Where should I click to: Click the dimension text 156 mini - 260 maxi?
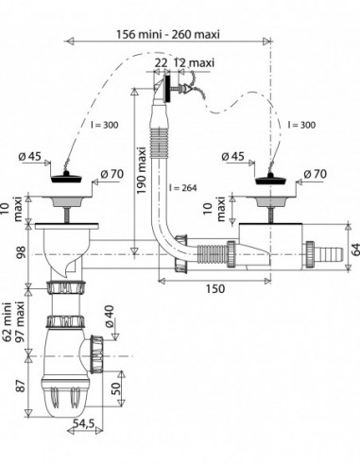click(x=168, y=34)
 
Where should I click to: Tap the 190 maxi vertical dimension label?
click(x=142, y=170)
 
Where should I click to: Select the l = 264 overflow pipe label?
click(x=182, y=188)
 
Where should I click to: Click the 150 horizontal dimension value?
click(x=215, y=288)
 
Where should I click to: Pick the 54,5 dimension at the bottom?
click(x=83, y=423)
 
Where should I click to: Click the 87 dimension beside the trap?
click(x=21, y=386)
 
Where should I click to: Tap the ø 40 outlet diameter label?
click(x=109, y=317)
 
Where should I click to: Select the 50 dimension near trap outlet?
click(x=116, y=388)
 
